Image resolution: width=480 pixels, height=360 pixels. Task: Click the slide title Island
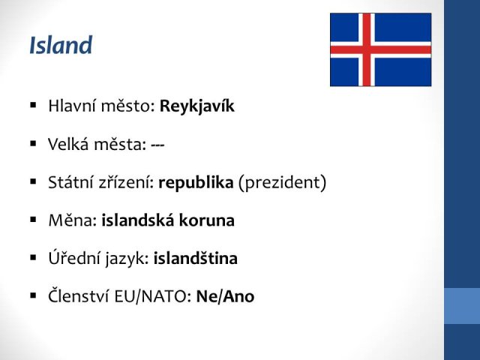click(61, 45)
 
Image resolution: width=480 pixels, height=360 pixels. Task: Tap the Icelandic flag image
click(380, 49)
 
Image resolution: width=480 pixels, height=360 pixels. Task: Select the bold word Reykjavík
click(197, 106)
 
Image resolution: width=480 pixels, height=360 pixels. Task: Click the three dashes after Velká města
click(157, 145)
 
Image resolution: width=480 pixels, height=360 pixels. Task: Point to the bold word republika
click(196, 183)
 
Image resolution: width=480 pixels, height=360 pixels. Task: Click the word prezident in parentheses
click(282, 183)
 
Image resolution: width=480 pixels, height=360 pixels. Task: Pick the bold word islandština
click(195, 258)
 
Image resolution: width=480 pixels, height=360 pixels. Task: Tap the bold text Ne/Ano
click(225, 296)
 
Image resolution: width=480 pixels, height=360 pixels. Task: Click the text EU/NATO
click(153, 296)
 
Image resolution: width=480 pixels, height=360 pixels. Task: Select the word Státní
click(71, 182)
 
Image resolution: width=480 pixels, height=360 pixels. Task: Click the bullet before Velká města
click(33, 143)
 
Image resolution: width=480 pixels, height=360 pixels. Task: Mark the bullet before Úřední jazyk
click(33, 258)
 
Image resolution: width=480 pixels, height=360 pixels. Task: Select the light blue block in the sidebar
click(462, 306)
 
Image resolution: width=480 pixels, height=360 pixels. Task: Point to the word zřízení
click(126, 183)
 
